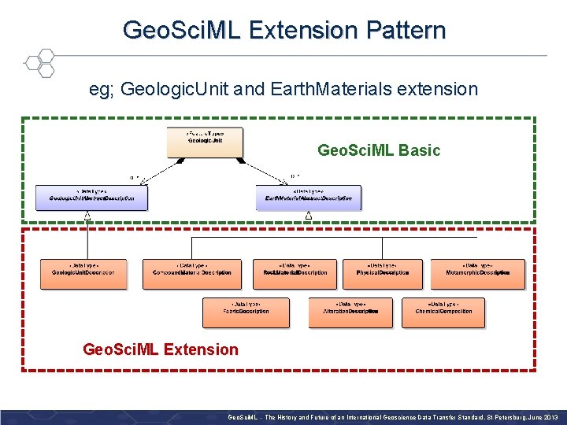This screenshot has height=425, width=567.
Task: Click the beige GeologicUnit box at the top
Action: pyautogui.click(x=205, y=142)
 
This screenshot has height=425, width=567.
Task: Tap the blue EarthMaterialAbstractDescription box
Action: pyautogui.click(x=309, y=198)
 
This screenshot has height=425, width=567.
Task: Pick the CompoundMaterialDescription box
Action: pyautogui.click(x=192, y=273)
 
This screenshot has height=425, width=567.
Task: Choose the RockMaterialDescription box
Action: pyautogui.click(x=295, y=273)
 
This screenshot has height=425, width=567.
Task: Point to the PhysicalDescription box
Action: pyautogui.click(x=383, y=273)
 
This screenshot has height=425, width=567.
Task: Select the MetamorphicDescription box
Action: pyautogui.click(x=477, y=273)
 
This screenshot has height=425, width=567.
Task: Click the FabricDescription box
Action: pyautogui.click(x=246, y=312)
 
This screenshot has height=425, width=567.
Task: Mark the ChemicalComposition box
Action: pyautogui.click(x=443, y=312)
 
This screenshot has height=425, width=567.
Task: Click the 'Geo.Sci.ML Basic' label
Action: pyautogui.click(x=378, y=150)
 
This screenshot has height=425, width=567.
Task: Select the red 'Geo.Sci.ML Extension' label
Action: pyautogui.click(x=161, y=349)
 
